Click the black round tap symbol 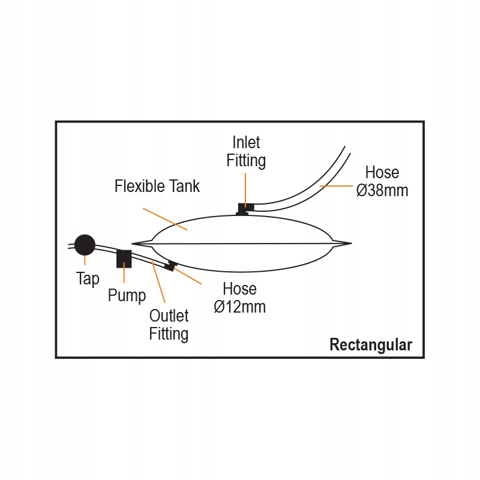85,245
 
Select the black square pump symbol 124,258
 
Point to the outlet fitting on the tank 171,266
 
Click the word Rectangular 371,345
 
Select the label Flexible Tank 157,186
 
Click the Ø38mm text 382,191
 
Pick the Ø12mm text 240,307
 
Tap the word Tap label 88,279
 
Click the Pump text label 127,296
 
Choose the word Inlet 246,142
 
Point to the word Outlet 169,316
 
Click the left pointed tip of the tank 134,244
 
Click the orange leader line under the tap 85,261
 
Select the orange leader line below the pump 124,275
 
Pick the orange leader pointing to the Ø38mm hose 337,187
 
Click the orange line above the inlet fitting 245,187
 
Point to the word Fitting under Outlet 169,334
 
